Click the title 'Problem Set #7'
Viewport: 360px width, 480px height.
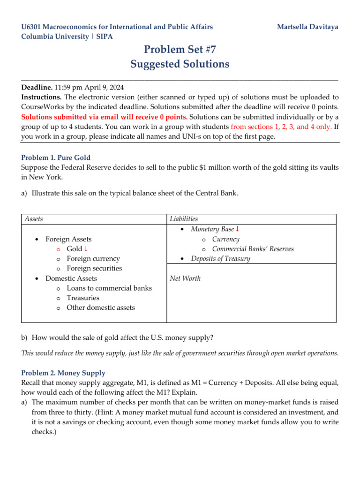180,49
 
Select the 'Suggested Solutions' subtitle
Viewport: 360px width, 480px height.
180,64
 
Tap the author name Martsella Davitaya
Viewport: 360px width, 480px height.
307,27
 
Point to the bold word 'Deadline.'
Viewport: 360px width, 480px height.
37,87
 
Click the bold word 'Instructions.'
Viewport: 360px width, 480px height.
42,97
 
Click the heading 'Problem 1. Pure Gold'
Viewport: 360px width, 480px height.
56,157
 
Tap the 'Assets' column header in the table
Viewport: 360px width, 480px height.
34,219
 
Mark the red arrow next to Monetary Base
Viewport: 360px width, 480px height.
237,229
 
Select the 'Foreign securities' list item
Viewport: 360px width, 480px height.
94,269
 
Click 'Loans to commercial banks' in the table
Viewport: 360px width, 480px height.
109,288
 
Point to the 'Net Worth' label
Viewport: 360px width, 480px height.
185,278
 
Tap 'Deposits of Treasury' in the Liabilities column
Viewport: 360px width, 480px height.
220,259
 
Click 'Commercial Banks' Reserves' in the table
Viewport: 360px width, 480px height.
253,249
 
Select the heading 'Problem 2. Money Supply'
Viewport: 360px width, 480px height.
63,373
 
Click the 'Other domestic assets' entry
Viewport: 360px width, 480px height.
100,308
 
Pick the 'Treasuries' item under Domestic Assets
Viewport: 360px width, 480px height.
83,298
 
